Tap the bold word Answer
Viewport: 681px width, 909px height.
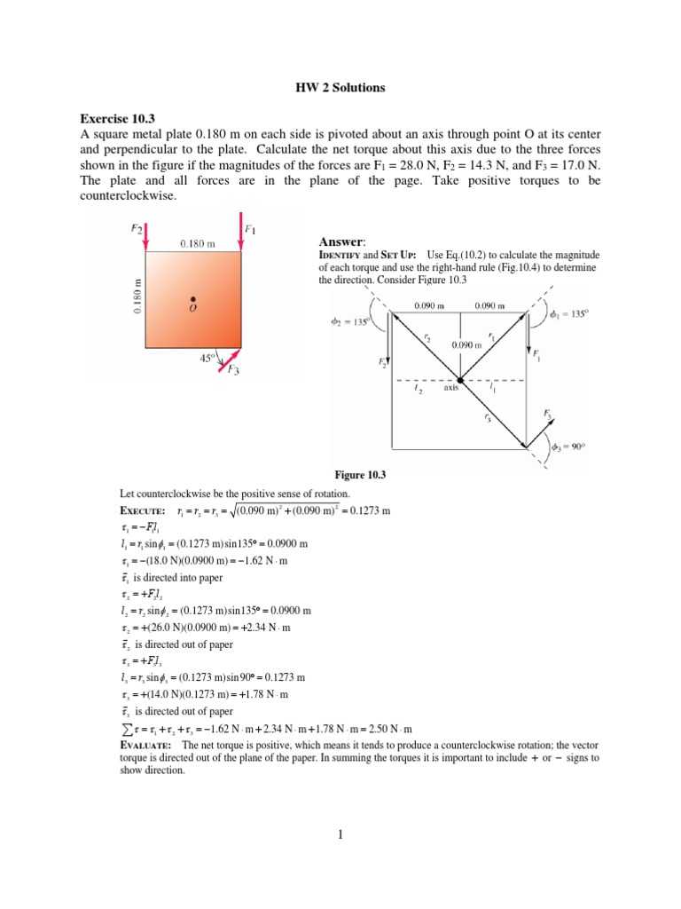(340, 241)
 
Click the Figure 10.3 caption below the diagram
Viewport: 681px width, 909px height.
(356, 476)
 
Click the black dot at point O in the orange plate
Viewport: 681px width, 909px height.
(192, 299)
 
